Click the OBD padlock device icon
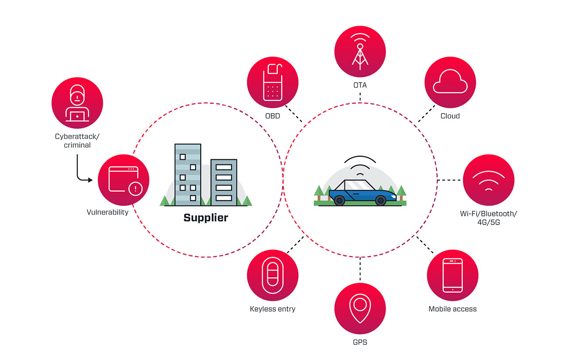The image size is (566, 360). pyautogui.click(x=273, y=82)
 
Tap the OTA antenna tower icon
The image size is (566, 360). pyautogui.click(x=360, y=51)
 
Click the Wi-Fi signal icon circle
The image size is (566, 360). pyautogui.click(x=489, y=180)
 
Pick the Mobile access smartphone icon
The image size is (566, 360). pyautogui.click(x=452, y=275)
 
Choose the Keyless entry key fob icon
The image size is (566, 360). pyautogui.click(x=273, y=276)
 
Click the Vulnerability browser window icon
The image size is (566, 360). pyautogui.click(x=124, y=180)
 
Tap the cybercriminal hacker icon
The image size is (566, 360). pyautogui.click(x=77, y=103)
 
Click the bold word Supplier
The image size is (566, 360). pyautogui.click(x=206, y=218)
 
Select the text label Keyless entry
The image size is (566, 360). pyautogui.click(x=273, y=309)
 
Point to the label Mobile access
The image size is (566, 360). pyautogui.click(x=452, y=309)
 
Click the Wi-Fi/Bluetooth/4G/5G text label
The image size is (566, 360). pyautogui.click(x=489, y=218)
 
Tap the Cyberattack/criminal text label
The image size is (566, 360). pyautogui.click(x=77, y=141)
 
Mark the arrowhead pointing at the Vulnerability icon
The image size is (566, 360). pyautogui.click(x=91, y=180)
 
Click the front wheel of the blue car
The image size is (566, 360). pyautogui.click(x=381, y=200)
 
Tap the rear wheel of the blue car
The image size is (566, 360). pyautogui.click(x=339, y=200)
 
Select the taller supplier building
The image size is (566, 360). pyautogui.click(x=188, y=174)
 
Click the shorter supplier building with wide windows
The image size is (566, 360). pyautogui.click(x=224, y=182)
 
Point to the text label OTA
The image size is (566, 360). pyautogui.click(x=360, y=85)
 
